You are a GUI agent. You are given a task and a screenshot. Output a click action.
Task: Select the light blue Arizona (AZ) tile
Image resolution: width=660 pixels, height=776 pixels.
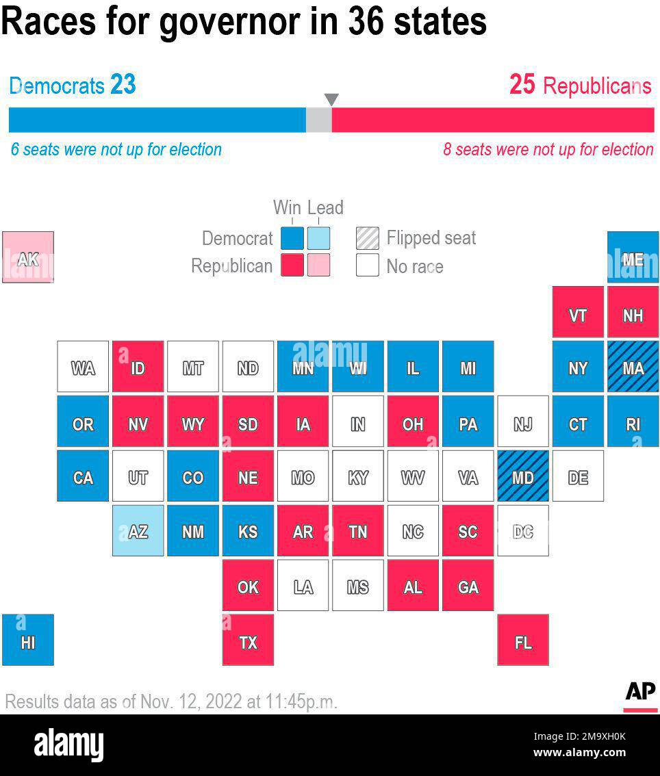(138, 530)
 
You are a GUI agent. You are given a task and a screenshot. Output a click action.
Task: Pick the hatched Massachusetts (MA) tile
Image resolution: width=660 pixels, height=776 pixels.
(633, 367)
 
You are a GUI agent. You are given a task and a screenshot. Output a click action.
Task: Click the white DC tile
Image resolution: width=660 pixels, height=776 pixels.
(522, 530)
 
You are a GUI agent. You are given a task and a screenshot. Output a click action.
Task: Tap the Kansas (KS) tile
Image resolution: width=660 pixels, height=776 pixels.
(248, 530)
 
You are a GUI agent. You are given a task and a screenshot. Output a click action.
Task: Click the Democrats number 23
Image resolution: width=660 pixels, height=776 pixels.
(123, 85)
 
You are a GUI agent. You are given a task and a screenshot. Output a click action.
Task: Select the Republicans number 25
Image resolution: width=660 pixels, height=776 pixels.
(522, 85)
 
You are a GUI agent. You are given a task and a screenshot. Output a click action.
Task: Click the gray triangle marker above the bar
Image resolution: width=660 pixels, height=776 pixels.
(331, 100)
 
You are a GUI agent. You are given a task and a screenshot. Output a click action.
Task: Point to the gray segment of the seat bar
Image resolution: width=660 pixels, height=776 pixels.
(318, 120)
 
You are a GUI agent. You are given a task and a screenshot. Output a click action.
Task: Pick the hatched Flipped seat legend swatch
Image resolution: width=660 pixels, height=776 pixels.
(367, 238)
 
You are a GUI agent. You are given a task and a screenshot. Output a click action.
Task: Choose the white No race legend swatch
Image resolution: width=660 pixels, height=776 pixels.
(367, 266)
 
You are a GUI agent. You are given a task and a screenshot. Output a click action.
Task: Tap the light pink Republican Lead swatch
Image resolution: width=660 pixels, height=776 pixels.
(318, 266)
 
